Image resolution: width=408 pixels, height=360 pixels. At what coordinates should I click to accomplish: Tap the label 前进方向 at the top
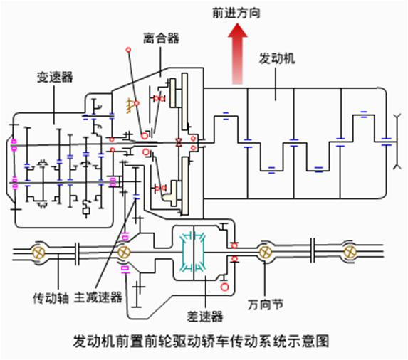pyautogui.click(x=233, y=12)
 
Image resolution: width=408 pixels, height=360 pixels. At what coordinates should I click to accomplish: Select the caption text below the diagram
pyautogui.click(x=203, y=342)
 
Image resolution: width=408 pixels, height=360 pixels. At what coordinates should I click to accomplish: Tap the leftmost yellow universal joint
pyautogui.click(x=39, y=252)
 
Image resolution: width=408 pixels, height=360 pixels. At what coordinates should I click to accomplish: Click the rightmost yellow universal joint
pyautogui.click(x=349, y=252)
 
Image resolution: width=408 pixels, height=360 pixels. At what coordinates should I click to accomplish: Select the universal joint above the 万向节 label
pyautogui.click(x=266, y=252)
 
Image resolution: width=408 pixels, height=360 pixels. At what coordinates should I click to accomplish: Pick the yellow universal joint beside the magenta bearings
pyautogui.click(x=124, y=252)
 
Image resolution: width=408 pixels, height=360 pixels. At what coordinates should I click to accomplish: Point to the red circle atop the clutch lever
pyautogui.click(x=128, y=50)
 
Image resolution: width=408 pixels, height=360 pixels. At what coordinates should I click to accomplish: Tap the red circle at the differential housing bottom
pyautogui.click(x=225, y=287)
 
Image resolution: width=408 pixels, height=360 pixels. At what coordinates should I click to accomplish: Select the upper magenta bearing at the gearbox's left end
pyautogui.click(x=13, y=148)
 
